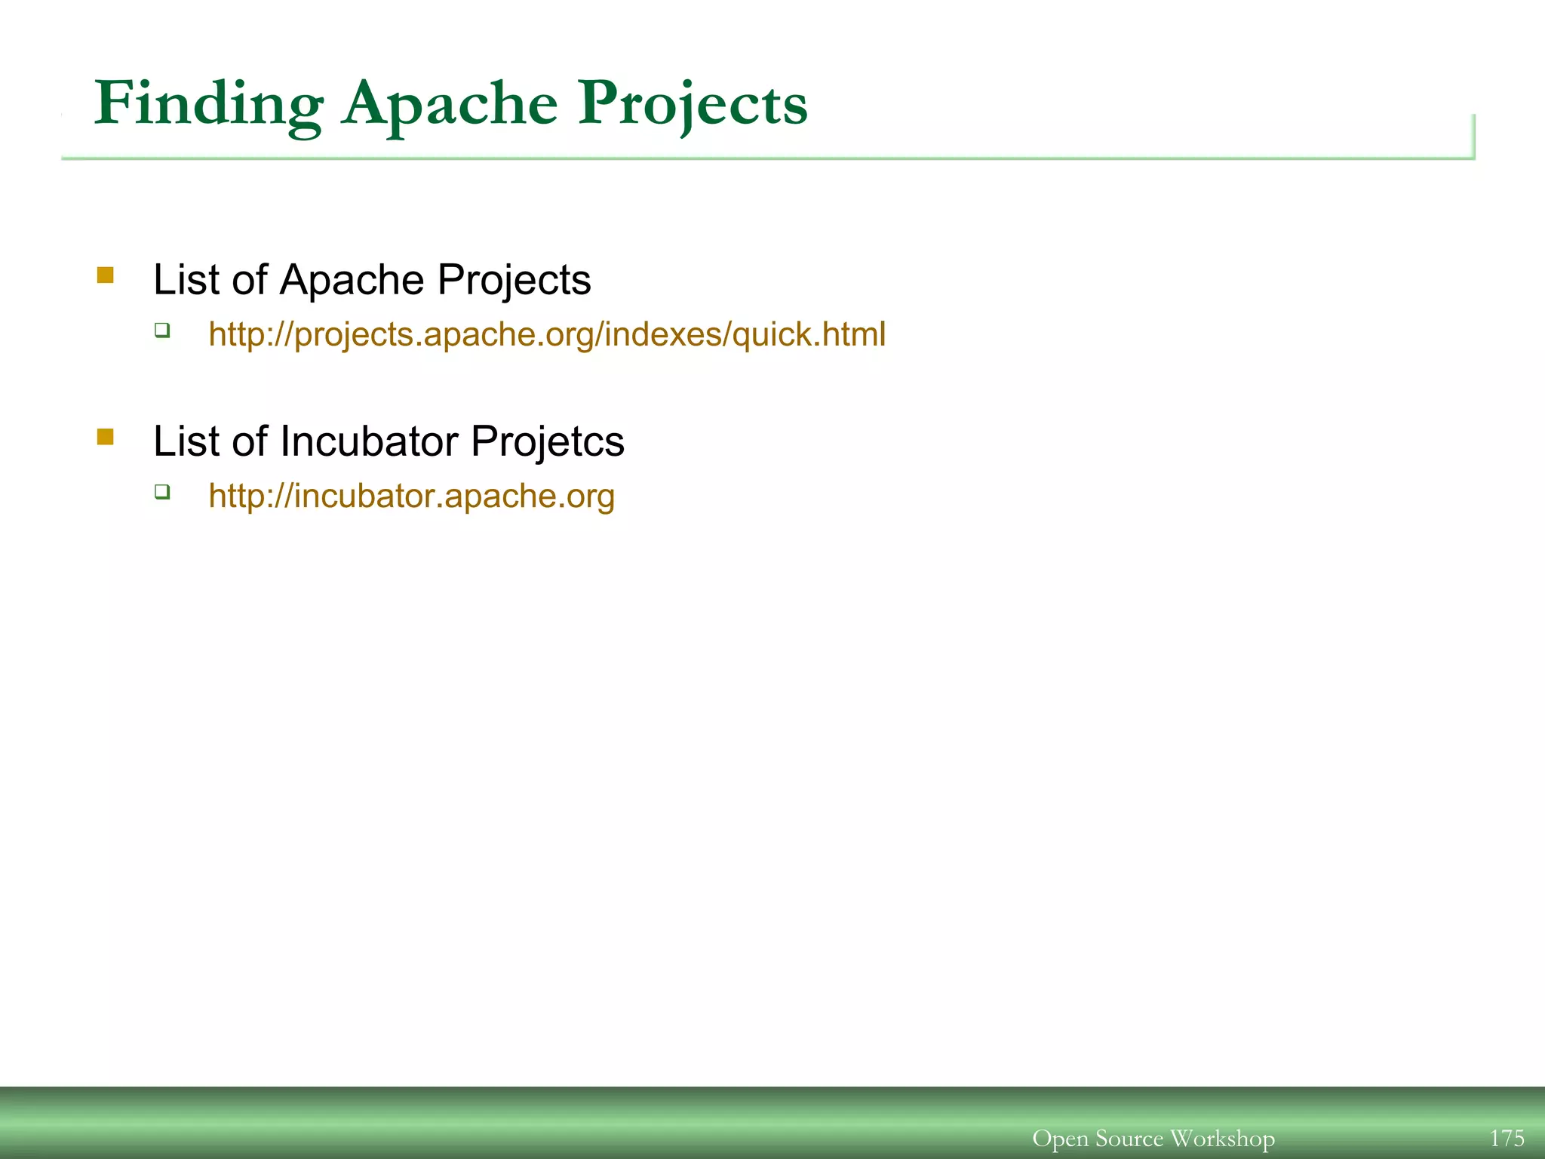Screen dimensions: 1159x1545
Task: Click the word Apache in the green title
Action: tap(450, 103)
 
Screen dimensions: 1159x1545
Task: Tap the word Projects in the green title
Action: tap(692, 103)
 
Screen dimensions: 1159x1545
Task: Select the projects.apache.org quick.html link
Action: tap(547, 334)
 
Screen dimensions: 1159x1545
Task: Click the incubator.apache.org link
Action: tap(411, 496)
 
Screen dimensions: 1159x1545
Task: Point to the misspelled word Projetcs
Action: tap(547, 441)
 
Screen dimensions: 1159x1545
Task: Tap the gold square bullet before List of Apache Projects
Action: tap(106, 275)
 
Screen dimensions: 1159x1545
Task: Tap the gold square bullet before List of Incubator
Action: tap(106, 437)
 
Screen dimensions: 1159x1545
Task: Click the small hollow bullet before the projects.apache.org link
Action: tap(162, 330)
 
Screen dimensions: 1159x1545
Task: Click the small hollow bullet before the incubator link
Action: tap(162, 492)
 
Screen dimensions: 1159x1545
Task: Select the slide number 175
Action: tap(1507, 1138)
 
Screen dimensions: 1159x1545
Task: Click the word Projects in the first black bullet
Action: tap(514, 280)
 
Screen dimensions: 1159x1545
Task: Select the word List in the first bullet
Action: tap(186, 280)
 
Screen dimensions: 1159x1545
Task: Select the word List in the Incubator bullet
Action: tap(186, 441)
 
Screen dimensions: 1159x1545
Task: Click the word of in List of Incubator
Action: tap(249, 441)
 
